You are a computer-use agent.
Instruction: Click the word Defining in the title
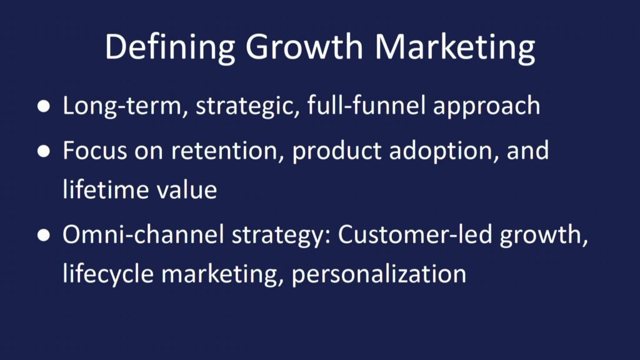click(x=170, y=47)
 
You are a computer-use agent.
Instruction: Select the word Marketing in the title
click(x=455, y=47)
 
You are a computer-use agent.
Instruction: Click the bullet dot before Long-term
click(x=44, y=106)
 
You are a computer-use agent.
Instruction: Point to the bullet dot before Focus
click(x=44, y=151)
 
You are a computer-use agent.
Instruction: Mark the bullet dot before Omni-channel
click(x=44, y=236)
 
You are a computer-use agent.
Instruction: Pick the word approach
click(x=486, y=107)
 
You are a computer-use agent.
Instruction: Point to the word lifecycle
click(x=108, y=274)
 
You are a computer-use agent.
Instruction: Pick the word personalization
click(x=379, y=274)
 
